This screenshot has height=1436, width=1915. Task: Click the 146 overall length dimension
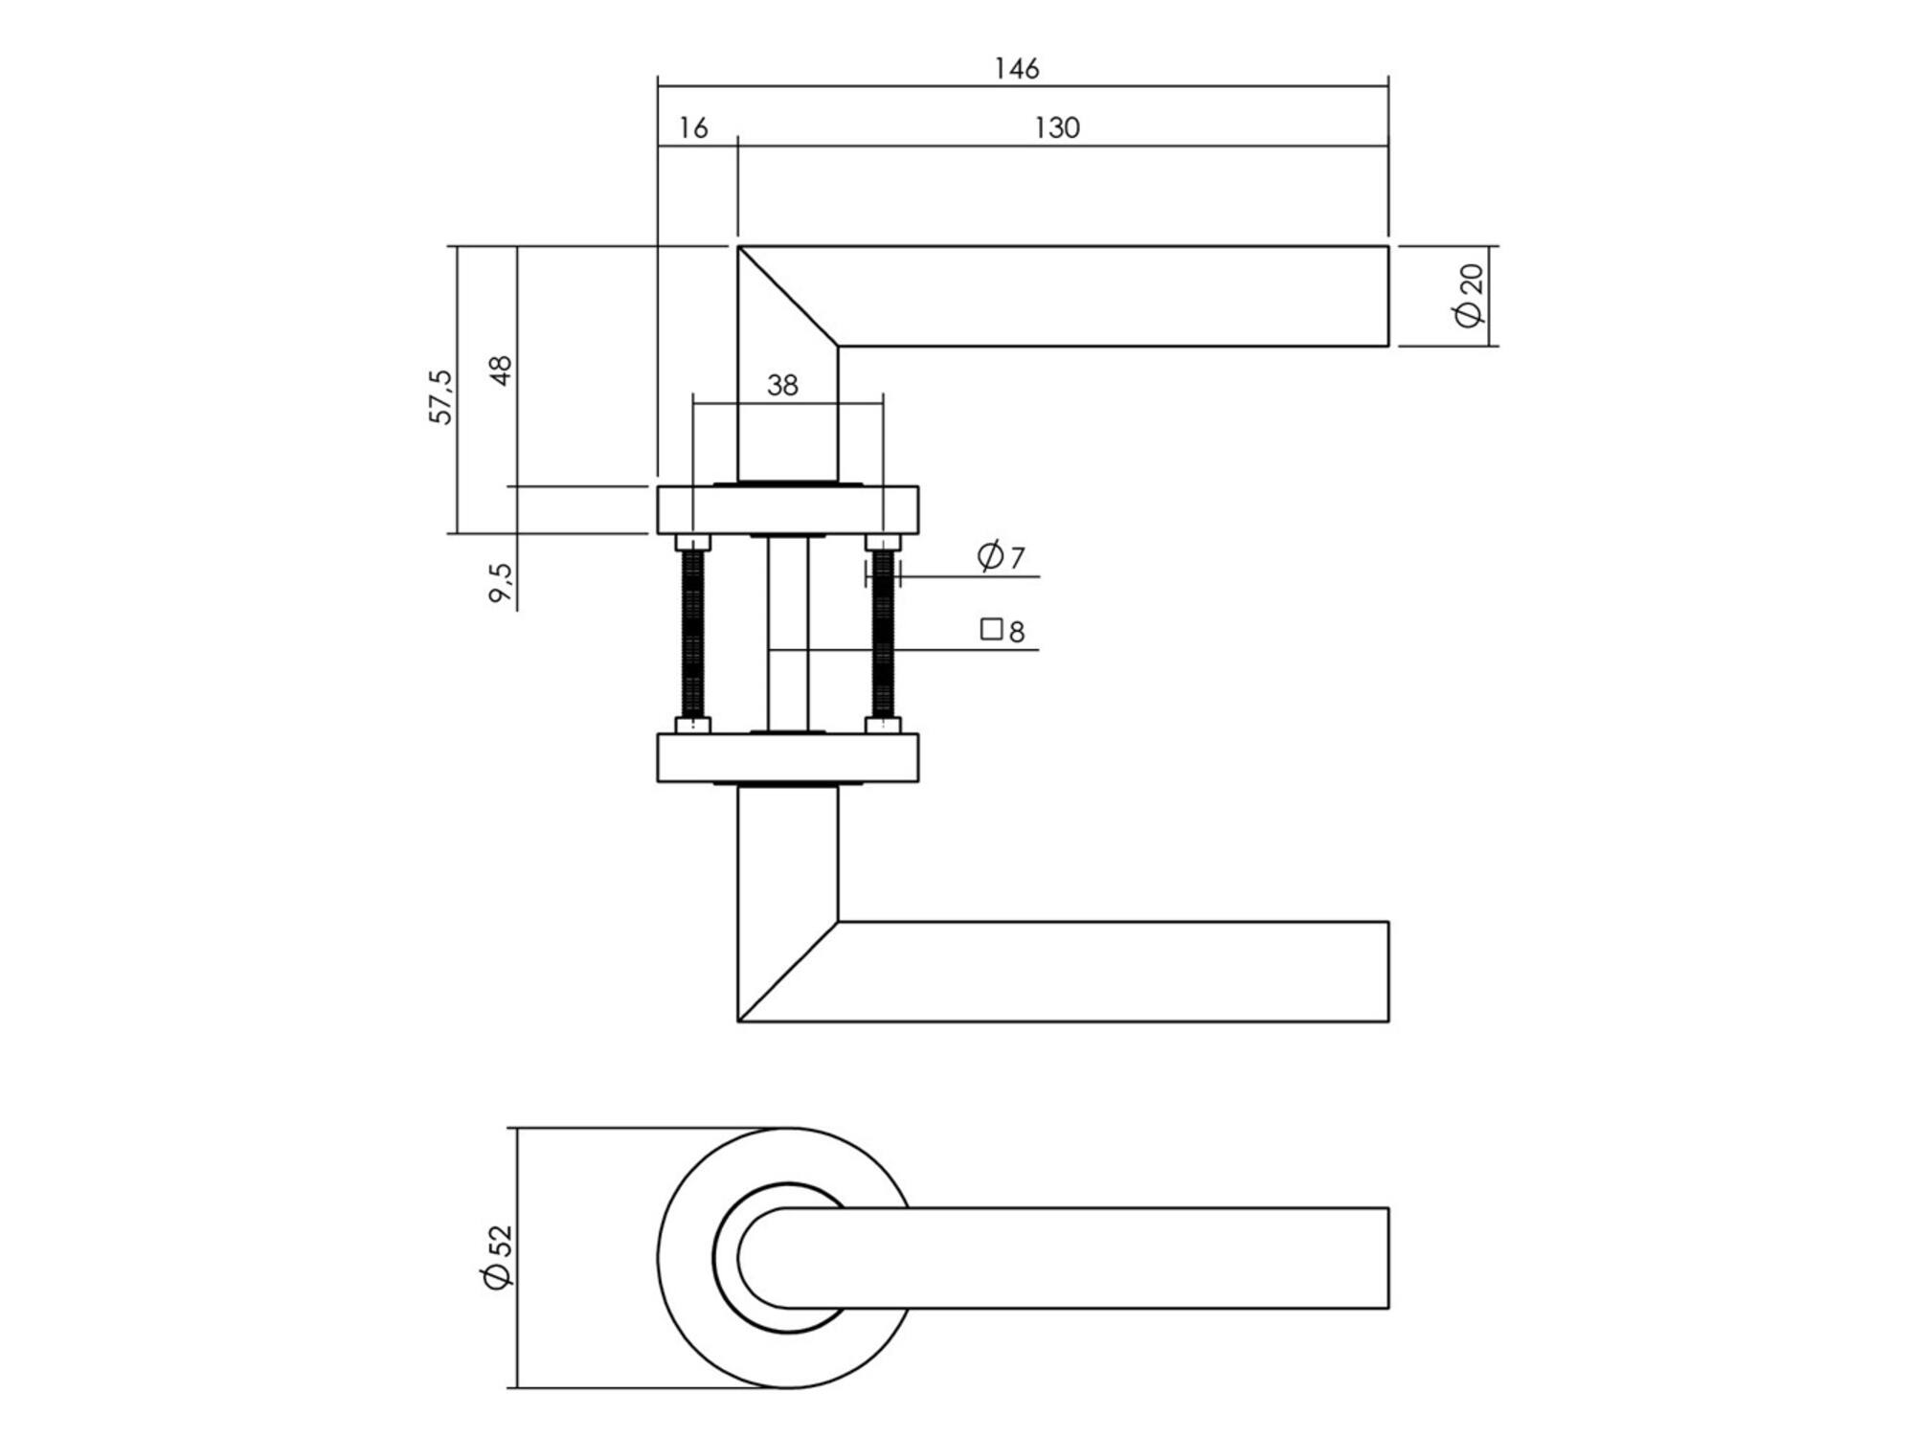point(1016,69)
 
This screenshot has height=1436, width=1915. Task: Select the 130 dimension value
point(1057,128)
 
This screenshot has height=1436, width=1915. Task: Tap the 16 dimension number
point(693,128)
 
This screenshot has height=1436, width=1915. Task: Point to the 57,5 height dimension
point(441,396)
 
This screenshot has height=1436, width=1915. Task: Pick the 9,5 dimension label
point(501,582)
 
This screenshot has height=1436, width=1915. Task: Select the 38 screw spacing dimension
point(782,385)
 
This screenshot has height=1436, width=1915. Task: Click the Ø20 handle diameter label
point(1469,296)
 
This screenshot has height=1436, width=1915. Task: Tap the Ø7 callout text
point(1002,556)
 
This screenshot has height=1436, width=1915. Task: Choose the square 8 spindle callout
point(1003,631)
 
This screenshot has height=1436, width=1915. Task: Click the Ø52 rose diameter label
point(499,1257)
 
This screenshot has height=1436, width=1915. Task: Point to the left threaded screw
point(692,634)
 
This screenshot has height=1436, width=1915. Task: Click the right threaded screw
point(883,634)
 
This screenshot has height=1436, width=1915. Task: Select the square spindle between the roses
point(788,634)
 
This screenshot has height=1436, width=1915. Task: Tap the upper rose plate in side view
point(788,510)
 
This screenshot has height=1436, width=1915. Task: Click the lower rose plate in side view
point(788,758)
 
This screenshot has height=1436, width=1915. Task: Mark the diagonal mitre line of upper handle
point(788,296)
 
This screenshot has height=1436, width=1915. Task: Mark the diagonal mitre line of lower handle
point(788,972)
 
